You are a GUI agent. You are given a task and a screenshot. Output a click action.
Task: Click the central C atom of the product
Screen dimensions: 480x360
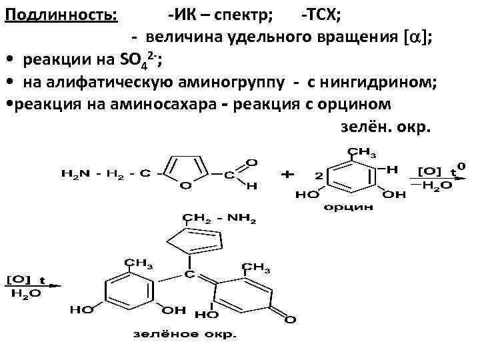tap(189, 274)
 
